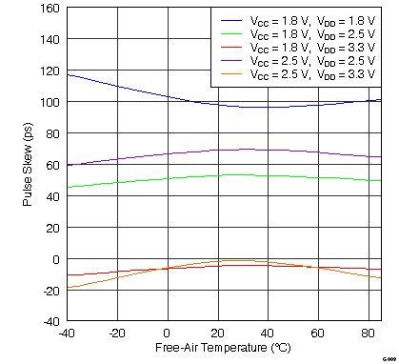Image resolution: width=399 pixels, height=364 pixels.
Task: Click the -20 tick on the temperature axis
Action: [116, 332]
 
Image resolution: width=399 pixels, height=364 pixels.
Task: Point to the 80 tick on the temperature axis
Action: [369, 332]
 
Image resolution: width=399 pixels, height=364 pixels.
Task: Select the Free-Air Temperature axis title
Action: [223, 349]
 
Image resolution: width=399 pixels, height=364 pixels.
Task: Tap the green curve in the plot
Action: [143, 179]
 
